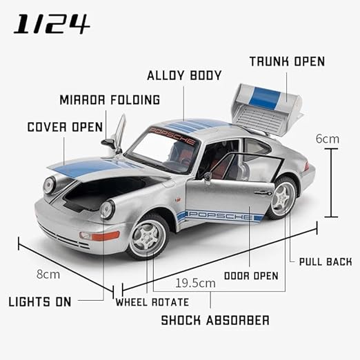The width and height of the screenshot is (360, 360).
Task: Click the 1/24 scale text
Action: click(x=51, y=23)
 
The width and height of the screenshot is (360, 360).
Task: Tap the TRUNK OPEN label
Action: click(x=287, y=61)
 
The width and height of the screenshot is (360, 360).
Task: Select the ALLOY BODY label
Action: click(x=184, y=75)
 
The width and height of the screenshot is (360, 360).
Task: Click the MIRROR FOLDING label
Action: click(x=110, y=100)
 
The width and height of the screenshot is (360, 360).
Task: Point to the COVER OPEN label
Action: click(x=65, y=127)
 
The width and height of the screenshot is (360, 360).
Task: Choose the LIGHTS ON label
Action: click(x=40, y=301)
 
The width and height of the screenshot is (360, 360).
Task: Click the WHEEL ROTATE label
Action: click(x=152, y=302)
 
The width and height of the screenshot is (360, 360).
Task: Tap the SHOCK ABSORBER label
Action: click(x=215, y=320)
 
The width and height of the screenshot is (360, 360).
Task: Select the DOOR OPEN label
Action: click(x=251, y=276)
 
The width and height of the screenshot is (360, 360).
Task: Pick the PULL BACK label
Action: click(x=326, y=262)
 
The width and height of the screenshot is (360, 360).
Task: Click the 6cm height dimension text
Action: click(x=328, y=139)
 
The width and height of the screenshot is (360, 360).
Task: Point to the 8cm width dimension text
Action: click(x=48, y=274)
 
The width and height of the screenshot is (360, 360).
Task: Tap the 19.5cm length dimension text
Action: click(x=195, y=283)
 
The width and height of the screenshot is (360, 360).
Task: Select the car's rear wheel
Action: click(x=283, y=198)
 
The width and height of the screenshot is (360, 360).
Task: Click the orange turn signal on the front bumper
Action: click(x=106, y=236)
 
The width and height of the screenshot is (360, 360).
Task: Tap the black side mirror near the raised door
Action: click(x=108, y=143)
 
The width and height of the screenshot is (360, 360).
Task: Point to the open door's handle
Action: click(x=263, y=193)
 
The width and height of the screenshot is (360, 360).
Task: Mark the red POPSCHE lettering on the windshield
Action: click(x=172, y=135)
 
